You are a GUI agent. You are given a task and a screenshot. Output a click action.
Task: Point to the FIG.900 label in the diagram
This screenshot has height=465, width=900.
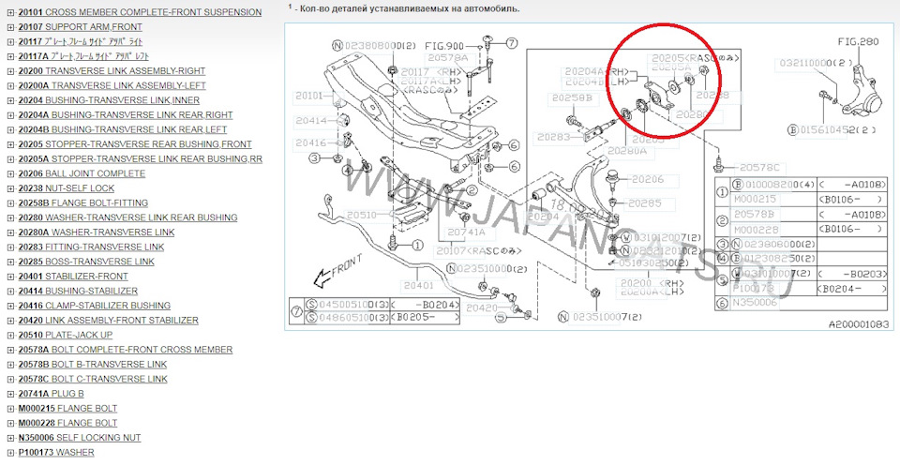[443, 45]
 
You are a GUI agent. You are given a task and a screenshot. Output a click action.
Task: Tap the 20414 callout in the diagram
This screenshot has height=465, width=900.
[311, 121]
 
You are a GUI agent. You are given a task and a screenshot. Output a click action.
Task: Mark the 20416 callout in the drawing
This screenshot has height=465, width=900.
[311, 143]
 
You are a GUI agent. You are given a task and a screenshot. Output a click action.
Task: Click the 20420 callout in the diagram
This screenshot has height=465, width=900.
[482, 307]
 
